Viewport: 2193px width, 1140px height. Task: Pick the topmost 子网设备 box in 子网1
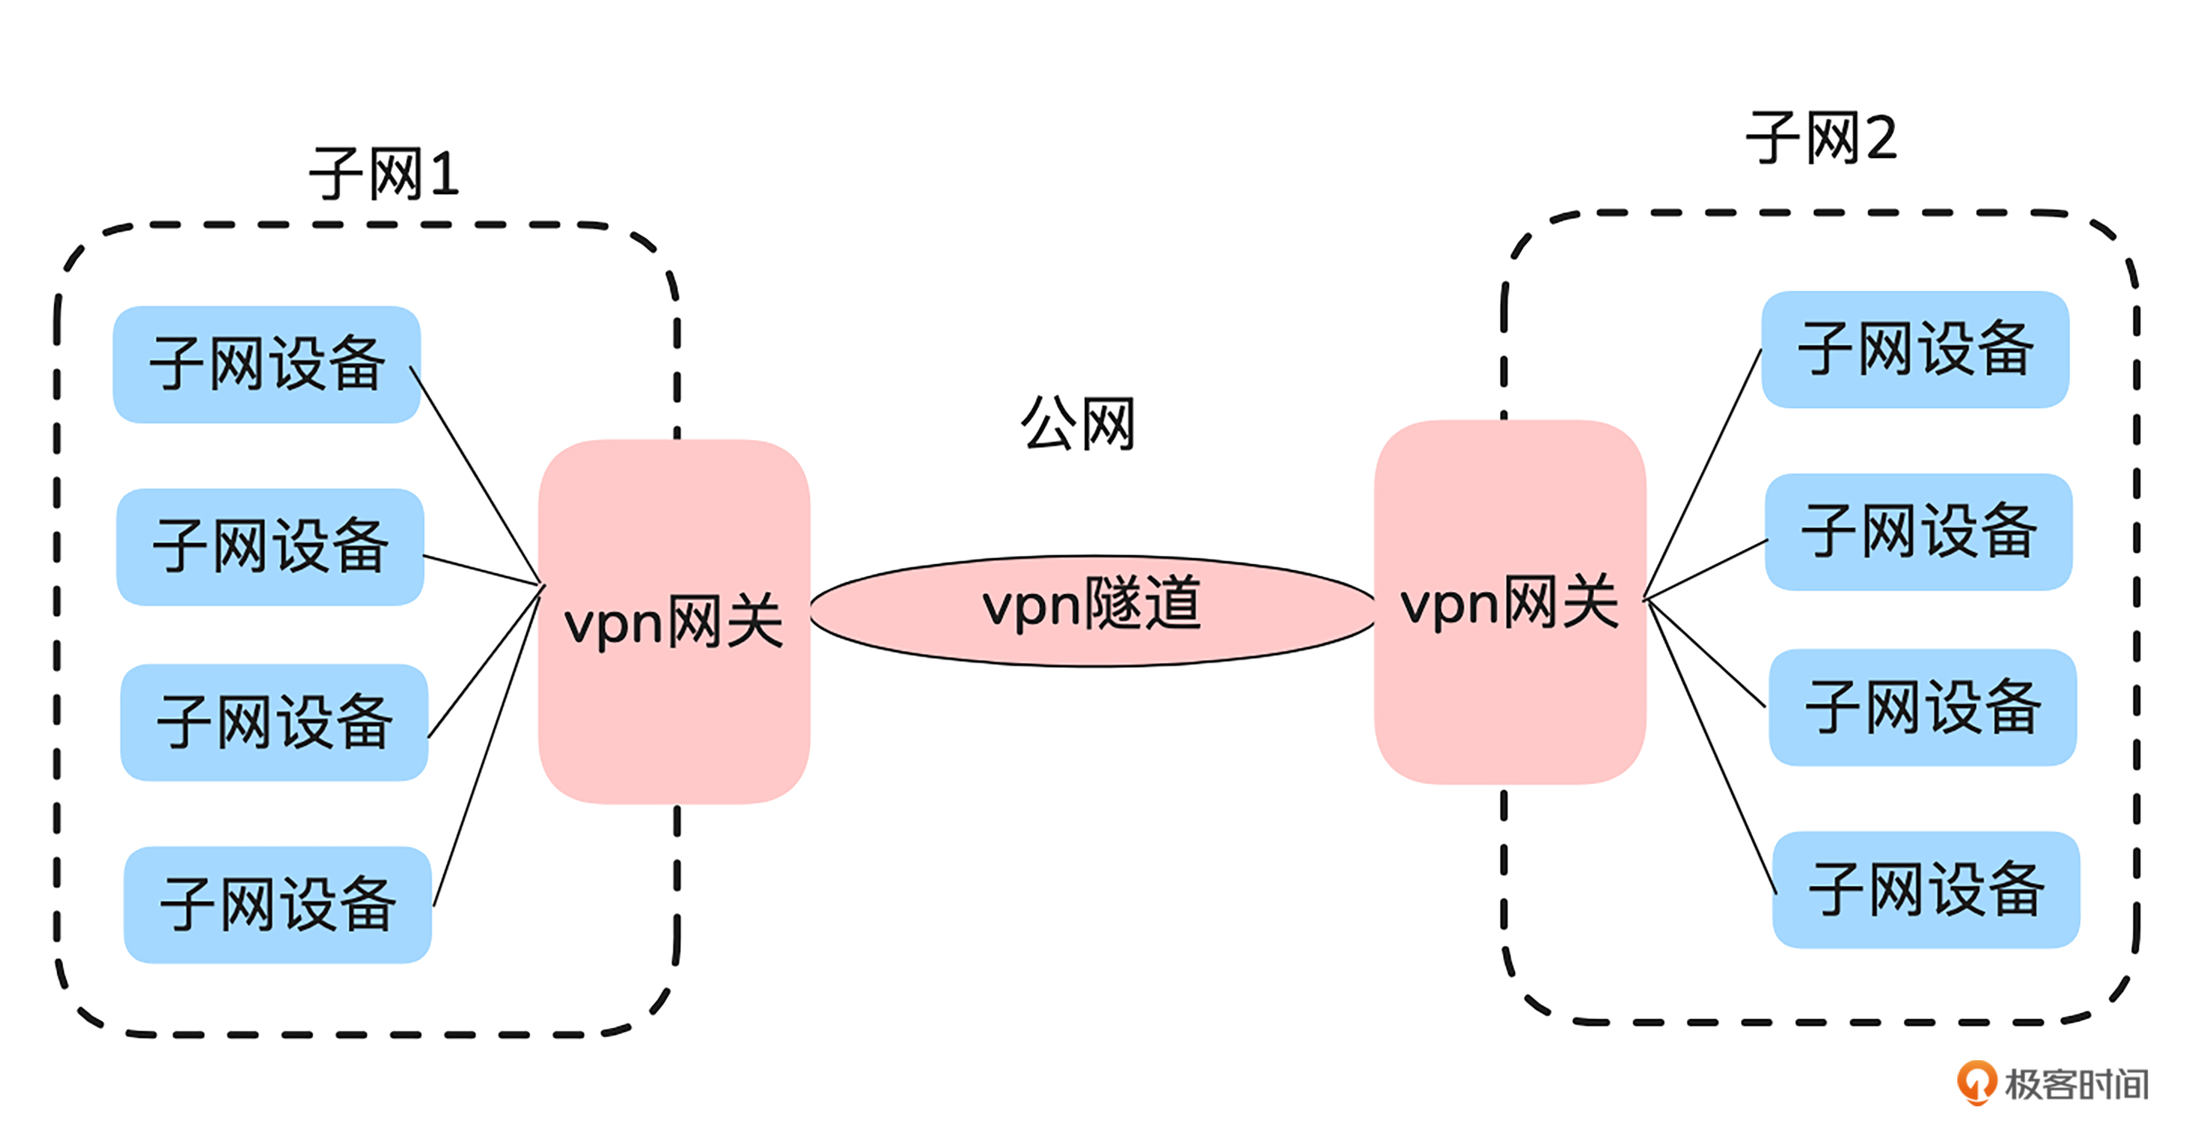pyautogui.click(x=266, y=364)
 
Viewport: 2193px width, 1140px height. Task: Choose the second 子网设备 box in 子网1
pyautogui.click(x=270, y=547)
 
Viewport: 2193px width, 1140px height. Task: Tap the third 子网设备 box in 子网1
pyautogui.click(x=274, y=722)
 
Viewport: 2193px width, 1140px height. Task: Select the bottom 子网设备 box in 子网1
pyautogui.click(x=278, y=904)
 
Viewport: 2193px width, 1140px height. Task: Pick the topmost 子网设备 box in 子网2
pyautogui.click(x=1915, y=350)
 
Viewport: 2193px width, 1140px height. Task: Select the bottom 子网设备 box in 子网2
pyautogui.click(x=1926, y=890)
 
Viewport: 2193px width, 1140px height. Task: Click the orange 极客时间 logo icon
pyautogui.click(x=1975, y=1082)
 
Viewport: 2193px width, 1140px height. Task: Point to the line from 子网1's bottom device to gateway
pyautogui.click(x=487, y=746)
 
